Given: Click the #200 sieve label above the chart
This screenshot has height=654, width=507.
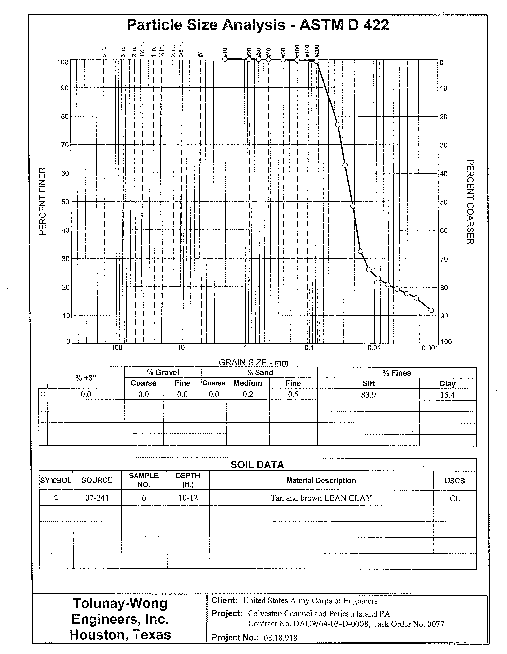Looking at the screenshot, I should [317, 51].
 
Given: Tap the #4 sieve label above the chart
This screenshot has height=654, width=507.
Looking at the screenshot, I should [201, 54].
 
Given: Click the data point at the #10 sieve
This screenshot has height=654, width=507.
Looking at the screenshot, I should [225, 59].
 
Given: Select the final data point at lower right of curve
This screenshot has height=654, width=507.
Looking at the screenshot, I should [431, 310].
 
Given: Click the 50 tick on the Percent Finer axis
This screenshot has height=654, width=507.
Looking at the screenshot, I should [65, 202].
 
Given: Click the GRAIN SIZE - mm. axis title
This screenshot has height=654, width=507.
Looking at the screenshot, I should [255, 363].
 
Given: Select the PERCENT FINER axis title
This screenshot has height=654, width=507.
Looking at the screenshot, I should [43, 202].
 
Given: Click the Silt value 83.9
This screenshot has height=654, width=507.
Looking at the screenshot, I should [368, 395].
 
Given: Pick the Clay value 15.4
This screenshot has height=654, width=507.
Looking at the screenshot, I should [447, 395].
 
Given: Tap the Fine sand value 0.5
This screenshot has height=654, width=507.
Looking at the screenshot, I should [293, 394].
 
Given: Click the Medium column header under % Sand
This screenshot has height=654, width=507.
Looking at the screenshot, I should [248, 383].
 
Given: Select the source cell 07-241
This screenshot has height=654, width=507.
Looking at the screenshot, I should [97, 498].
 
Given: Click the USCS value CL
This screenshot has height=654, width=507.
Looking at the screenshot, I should [455, 499].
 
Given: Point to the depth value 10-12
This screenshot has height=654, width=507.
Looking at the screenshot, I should [188, 498].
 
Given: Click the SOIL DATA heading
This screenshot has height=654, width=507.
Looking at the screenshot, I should [257, 465].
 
